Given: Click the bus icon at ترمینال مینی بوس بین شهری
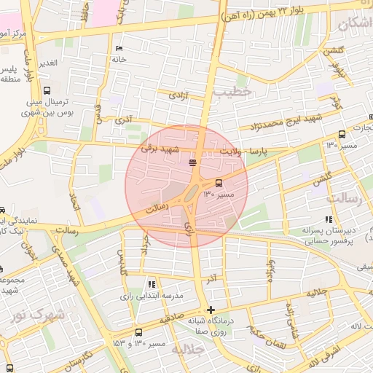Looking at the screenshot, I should click(47, 92).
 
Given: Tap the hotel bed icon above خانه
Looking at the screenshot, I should click(119, 49).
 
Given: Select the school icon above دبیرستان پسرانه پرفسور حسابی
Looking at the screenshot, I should click(329, 218).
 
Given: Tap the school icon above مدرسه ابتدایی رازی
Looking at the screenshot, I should click(152, 284).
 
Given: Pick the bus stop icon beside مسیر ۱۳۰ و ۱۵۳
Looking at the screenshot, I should click(138, 332).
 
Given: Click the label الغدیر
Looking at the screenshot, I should click(47, 63).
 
